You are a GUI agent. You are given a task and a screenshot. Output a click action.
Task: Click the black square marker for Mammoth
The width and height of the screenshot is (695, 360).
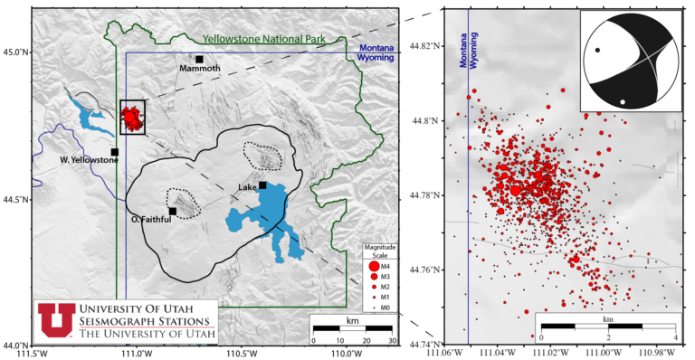199,59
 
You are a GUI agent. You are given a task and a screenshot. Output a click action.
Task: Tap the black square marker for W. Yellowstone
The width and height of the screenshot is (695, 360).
115,152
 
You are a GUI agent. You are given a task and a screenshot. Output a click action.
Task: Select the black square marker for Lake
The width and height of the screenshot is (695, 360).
262,185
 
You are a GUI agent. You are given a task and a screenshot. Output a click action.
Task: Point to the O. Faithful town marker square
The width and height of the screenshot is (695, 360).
173,212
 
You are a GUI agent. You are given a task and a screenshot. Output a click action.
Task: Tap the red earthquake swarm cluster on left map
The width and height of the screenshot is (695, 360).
133,117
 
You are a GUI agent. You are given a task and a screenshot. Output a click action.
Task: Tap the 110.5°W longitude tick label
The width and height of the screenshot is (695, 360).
243,353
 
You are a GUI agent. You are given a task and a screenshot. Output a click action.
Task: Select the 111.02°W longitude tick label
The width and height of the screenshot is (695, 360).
552,353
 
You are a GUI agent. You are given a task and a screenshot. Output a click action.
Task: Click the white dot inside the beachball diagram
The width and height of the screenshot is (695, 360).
622,101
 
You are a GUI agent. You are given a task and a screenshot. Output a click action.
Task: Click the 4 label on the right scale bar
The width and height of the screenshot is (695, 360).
675,337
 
